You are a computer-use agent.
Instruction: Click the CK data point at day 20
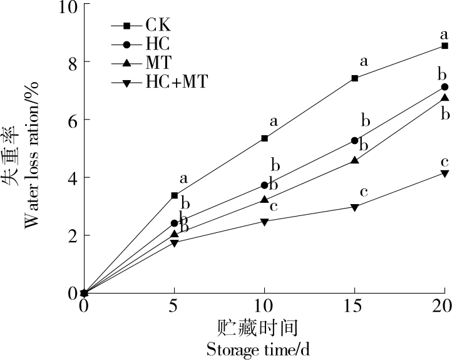point(444,46)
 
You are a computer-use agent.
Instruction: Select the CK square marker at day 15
point(355,78)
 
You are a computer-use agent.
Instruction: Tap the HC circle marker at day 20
point(444,87)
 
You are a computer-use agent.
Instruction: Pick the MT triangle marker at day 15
point(355,160)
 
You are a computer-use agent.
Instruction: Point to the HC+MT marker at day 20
point(444,173)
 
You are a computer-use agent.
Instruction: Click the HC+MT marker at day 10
point(264,222)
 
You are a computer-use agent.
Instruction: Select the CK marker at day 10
point(264,138)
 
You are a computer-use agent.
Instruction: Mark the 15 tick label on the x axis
point(354,307)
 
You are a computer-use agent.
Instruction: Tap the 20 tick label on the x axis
point(443,307)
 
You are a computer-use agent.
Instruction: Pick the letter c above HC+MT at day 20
point(444,162)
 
